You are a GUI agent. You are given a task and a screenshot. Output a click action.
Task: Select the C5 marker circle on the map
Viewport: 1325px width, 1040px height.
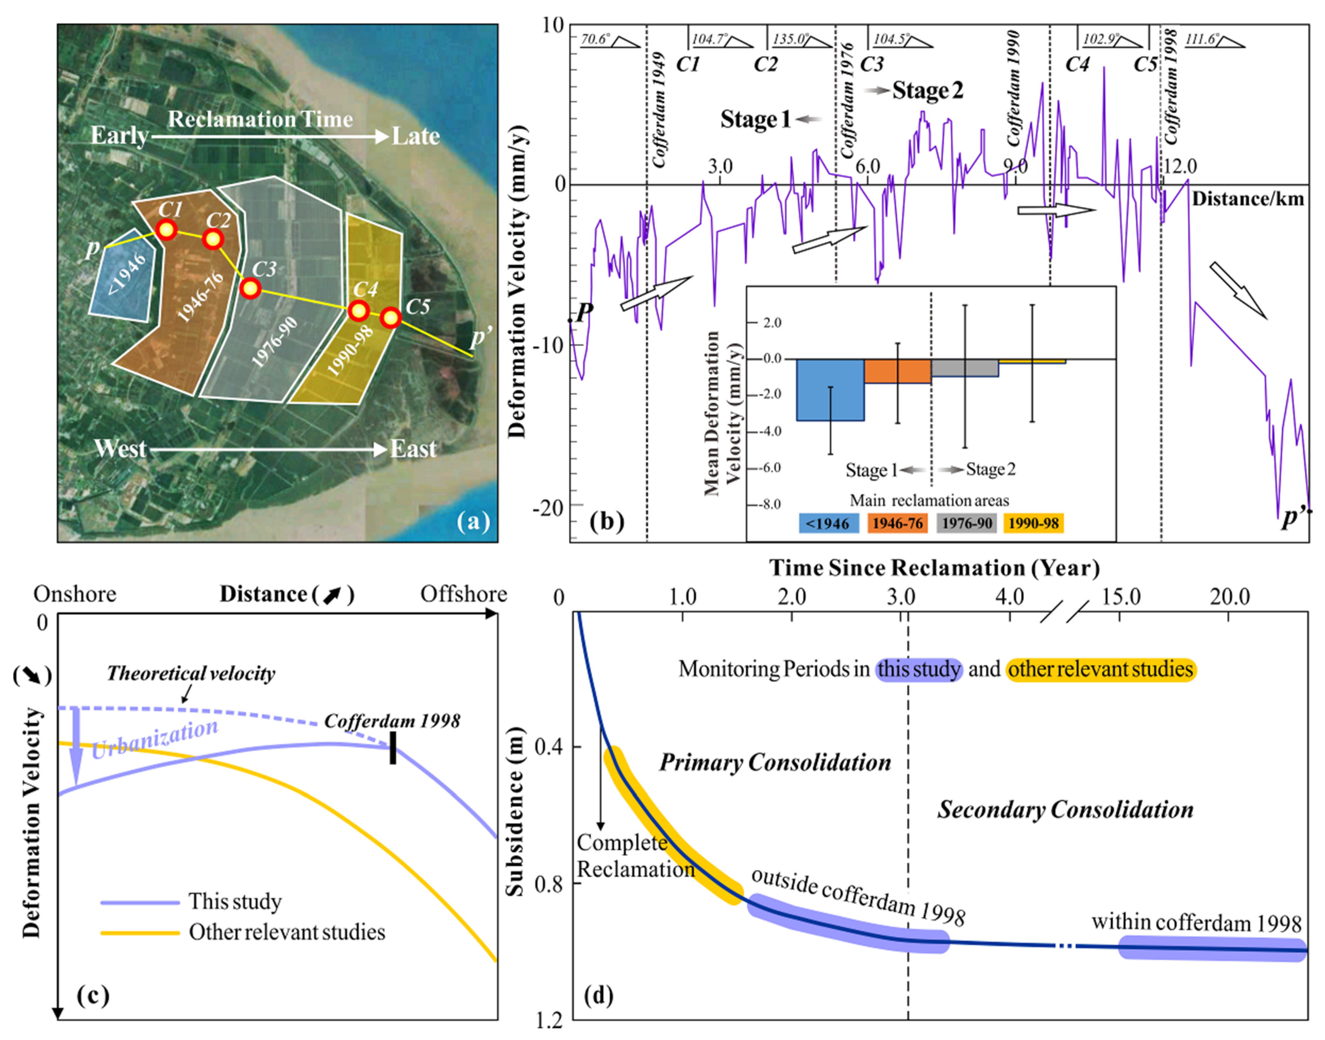(x=391, y=317)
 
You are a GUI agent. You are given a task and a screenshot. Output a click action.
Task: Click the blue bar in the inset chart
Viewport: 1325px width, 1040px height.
(x=830, y=390)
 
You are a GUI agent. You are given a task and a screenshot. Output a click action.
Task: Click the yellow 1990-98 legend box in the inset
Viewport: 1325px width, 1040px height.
(x=1033, y=523)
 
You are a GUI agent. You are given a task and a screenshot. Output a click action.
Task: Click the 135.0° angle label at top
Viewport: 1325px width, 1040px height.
(x=790, y=40)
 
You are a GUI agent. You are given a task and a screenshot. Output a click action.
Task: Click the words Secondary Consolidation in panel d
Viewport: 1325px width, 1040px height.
(x=1065, y=810)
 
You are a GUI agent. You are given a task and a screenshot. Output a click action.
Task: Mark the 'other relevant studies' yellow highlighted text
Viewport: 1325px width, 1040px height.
(x=1100, y=669)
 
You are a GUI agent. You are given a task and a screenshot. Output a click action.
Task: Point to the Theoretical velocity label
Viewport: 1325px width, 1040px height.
(x=191, y=674)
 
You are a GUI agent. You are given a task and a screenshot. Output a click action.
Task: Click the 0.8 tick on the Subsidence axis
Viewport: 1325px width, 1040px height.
(x=549, y=883)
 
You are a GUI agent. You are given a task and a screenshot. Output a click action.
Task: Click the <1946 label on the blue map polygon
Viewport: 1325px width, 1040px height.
(x=126, y=274)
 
